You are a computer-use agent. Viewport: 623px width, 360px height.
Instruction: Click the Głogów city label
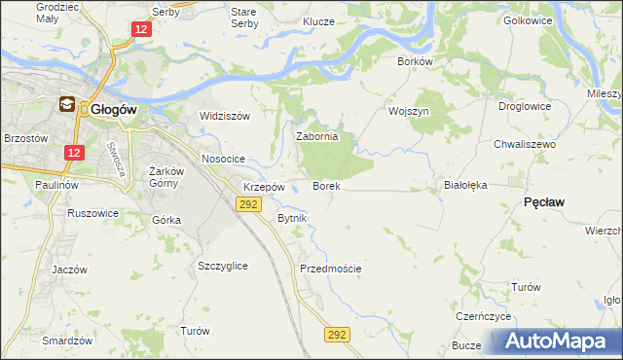[x=114, y=110]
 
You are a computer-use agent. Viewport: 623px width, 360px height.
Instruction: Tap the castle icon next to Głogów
[x=67, y=105]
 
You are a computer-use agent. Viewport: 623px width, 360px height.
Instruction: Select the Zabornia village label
[x=316, y=137]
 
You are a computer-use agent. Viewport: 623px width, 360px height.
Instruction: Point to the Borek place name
[x=325, y=185]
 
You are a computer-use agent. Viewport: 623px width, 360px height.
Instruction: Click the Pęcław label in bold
[x=545, y=201]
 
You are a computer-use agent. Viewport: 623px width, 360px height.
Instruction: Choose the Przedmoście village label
[x=331, y=269]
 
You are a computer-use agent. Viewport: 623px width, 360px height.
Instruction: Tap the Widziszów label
[x=225, y=116]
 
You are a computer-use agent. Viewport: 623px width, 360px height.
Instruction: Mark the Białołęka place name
[x=464, y=184]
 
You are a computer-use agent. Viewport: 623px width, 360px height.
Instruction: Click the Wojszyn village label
[x=409, y=111]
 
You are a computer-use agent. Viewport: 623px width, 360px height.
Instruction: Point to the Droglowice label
[x=525, y=106]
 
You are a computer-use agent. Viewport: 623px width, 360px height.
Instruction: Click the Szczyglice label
[x=222, y=266]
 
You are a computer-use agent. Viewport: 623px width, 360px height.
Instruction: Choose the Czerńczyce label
[x=484, y=317]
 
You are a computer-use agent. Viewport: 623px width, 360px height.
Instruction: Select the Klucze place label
[x=318, y=21]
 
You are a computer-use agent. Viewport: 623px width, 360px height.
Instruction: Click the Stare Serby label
[x=242, y=17]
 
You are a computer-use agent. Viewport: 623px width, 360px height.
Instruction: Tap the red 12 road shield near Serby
[x=142, y=30]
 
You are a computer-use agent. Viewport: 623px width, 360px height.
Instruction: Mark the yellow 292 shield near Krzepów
[x=248, y=203]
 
